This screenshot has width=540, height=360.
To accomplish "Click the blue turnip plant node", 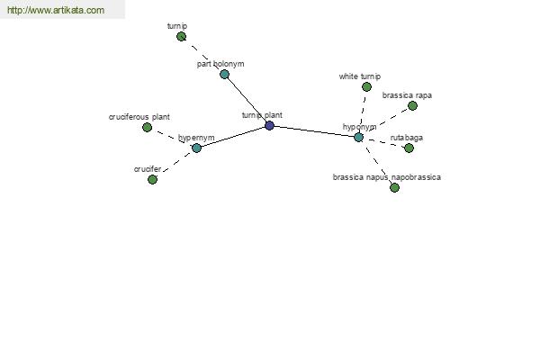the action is tap(269, 125).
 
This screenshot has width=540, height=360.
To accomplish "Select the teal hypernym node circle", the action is tap(196, 148).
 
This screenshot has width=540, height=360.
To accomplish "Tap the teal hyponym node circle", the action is tap(358, 137).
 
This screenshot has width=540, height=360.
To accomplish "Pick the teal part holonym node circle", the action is tap(224, 74).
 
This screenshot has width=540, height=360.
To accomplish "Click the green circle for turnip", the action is tap(181, 37).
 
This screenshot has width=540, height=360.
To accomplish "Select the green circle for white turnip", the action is tap(367, 86).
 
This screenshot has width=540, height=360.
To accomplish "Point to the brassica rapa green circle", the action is tap(412, 106).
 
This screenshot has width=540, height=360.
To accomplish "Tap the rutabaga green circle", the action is tap(409, 148).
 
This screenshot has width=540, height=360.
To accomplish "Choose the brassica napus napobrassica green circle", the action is tap(394, 188).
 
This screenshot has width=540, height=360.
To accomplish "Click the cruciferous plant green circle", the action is tap(147, 128).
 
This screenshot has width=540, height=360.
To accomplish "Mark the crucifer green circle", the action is tap(152, 179).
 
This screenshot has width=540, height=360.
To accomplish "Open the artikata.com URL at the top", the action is tap(56, 10).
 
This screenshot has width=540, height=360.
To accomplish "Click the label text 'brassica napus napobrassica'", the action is tap(387, 177).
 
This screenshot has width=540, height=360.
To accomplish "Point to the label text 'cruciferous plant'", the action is tap(139, 117).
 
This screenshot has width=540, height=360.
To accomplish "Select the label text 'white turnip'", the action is tap(360, 76).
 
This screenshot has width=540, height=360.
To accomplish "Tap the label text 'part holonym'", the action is tap(220, 64).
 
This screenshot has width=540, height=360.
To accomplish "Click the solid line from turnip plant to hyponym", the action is tap(314, 131).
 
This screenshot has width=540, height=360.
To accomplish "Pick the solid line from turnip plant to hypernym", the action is tap(233, 137).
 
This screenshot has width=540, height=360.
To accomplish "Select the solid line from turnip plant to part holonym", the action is tap(247, 100).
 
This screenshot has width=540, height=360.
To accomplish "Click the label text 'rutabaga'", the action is tap(407, 138).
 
